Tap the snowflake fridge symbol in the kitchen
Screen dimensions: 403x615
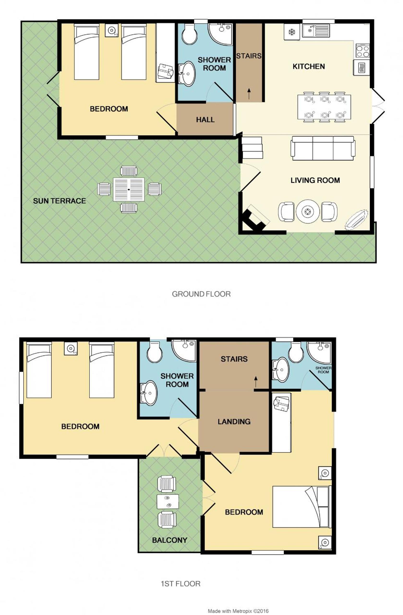pos(292,32)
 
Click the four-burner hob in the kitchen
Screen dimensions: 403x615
pos(362,50)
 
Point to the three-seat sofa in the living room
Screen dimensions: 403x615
pos(323,148)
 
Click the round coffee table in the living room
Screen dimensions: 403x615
pos(307,211)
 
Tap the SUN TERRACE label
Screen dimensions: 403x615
pos(59,201)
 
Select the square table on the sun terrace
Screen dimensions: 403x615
pos(129,189)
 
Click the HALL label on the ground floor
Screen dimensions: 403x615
pos(205,120)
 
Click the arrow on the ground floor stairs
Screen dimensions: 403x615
pos(249,93)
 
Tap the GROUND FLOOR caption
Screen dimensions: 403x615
pos(201,294)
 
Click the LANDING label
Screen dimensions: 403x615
pos(234,422)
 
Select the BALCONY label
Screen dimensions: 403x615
pos(169,540)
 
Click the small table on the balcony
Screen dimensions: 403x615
pos(168,502)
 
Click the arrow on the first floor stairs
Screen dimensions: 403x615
pos(256,382)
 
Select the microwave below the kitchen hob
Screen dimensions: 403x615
pos(361,68)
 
